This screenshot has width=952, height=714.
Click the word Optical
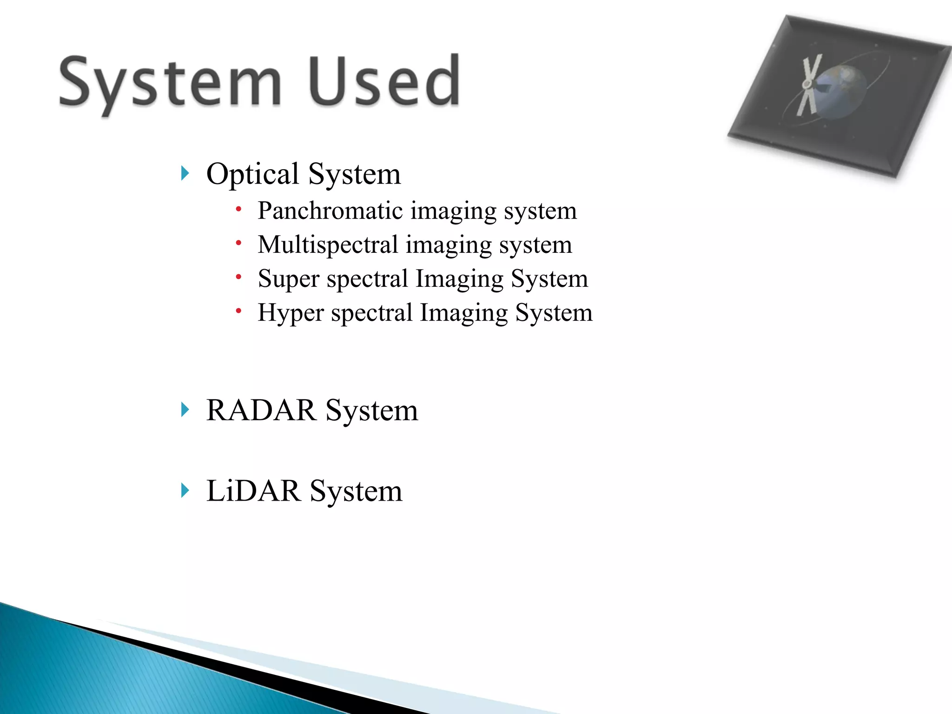pos(252,174)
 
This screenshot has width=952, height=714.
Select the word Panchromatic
pos(330,211)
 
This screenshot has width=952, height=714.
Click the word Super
pos(289,279)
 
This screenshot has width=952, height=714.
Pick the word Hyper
pos(291,313)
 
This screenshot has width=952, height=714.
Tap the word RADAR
pos(261,410)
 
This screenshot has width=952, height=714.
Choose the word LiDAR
pos(253,491)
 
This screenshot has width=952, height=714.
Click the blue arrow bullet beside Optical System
pos(185,174)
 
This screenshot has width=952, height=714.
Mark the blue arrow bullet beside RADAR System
pos(185,410)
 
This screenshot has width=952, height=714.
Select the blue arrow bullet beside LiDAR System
pos(185,491)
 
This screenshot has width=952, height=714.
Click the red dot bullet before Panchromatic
pos(238,209)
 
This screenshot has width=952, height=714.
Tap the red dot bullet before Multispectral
pos(238,243)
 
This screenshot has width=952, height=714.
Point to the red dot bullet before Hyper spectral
pos(238,311)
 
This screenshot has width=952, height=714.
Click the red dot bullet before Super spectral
pos(238,277)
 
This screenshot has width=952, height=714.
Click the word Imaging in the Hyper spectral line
pos(464,313)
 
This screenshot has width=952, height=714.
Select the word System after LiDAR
pos(356,491)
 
